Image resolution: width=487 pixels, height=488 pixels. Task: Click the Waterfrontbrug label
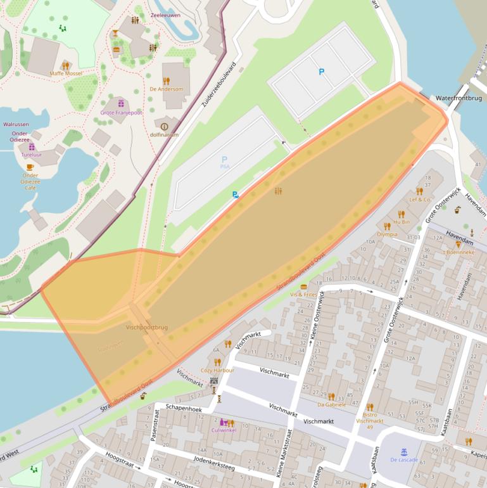coord(460,98)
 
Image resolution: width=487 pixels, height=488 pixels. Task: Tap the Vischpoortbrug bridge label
coord(147,327)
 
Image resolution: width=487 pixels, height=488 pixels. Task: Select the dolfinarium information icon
coord(165,127)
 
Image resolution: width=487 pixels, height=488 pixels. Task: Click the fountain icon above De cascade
coord(404,451)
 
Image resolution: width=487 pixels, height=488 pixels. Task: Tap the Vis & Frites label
coord(303,295)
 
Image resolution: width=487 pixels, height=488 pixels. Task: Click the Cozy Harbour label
coord(217,370)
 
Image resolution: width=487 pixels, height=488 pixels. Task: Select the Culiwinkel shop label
coord(224,430)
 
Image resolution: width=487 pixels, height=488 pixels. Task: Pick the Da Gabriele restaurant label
coord(331,404)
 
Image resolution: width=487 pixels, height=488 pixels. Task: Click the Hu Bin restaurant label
coord(402,222)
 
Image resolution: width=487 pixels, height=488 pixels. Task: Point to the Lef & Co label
coord(419,200)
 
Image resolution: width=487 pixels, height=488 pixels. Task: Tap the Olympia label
coord(387,234)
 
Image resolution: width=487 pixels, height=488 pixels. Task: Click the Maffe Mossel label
coord(66,74)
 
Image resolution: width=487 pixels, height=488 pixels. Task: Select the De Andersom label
coord(166,89)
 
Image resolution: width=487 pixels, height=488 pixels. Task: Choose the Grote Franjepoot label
coord(121,112)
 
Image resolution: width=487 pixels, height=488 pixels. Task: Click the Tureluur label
coord(32,155)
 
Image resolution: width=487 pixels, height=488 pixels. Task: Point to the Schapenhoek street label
coord(183,409)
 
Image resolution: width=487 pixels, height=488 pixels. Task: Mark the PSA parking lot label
coord(224,166)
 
